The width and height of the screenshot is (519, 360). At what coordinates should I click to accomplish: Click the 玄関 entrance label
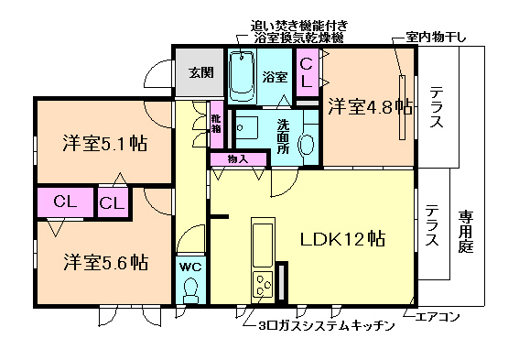[x=200, y=71]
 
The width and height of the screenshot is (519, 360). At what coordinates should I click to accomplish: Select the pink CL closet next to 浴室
[x=308, y=72]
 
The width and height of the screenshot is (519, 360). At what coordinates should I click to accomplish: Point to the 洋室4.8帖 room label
[x=371, y=106]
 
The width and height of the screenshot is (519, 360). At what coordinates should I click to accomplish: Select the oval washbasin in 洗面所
[x=307, y=145]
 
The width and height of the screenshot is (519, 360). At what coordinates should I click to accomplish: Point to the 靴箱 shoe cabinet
[x=216, y=124]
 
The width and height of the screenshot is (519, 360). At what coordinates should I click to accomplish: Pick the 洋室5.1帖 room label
[x=105, y=144]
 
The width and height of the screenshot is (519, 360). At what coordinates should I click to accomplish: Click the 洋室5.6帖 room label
[x=105, y=262]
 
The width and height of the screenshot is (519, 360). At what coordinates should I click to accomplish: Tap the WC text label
[x=191, y=267]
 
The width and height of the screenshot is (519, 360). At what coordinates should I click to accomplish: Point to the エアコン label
[x=438, y=317]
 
